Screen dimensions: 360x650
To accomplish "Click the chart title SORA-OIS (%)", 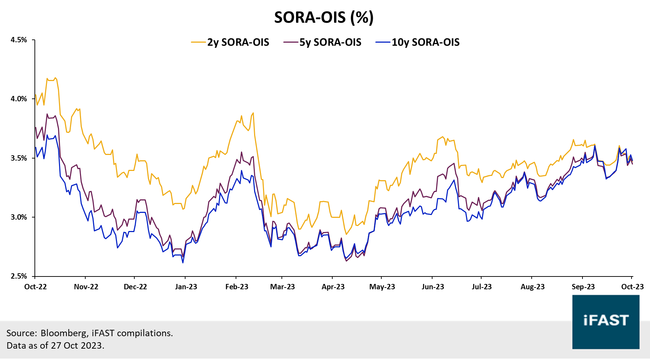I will tap(324, 17).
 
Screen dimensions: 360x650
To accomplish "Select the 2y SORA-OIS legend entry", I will tap(238, 42).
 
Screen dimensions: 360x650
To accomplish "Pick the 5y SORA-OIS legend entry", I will tap(330, 42).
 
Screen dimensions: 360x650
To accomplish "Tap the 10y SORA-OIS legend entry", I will tap(425, 42).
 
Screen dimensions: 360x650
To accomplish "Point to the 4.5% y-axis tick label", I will tap(19, 40).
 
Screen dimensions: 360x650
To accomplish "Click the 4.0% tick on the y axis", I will tap(19, 99).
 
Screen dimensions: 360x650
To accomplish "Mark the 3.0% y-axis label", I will tap(19, 217).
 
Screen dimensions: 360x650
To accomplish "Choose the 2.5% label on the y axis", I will tap(19, 276).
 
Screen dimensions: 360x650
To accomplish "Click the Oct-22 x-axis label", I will tap(35, 287).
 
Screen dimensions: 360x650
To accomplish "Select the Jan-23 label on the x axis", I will tap(186, 287).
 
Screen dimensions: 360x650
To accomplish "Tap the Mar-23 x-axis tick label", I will tap(282, 287).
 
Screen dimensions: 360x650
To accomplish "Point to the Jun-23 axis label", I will tap(433, 287).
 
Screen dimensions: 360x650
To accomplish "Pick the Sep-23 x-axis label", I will tap(583, 287).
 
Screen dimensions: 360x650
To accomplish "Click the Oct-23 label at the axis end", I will tap(632, 287).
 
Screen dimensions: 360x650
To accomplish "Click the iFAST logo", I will tap(606, 322).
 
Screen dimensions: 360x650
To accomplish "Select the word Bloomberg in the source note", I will tap(64, 333).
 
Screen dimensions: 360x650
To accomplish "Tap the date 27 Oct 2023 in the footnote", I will tap(76, 345).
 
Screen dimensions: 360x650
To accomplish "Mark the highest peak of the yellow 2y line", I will tap(55, 77).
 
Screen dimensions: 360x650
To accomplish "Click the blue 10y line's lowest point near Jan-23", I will tap(183, 263).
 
